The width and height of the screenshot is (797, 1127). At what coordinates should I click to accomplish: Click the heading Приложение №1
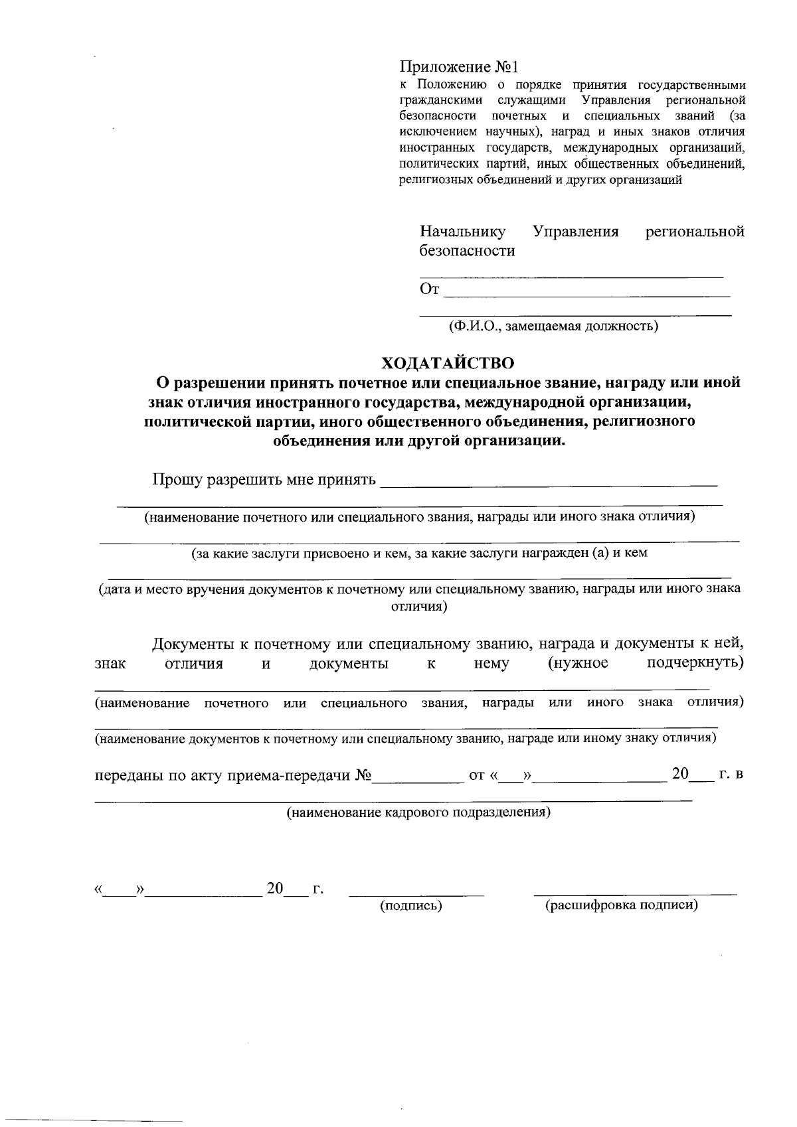(x=458, y=68)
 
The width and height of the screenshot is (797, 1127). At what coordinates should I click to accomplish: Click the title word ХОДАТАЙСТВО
(x=448, y=363)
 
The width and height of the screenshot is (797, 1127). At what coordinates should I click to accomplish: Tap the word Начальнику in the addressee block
(x=462, y=232)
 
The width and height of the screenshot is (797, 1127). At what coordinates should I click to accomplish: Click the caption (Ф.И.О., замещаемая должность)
(x=553, y=326)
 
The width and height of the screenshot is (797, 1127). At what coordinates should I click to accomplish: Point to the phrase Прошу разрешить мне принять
(x=264, y=479)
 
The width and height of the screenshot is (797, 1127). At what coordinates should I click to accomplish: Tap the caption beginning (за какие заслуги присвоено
(x=419, y=553)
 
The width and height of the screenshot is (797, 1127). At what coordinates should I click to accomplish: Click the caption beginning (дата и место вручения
(x=419, y=589)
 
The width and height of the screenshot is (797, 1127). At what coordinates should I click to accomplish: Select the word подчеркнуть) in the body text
(x=695, y=663)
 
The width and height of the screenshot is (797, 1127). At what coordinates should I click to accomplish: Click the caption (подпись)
(x=411, y=905)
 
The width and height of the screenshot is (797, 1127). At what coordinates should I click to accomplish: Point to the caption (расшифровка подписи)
(x=621, y=905)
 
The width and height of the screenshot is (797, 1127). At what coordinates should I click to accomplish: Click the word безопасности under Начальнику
(x=468, y=251)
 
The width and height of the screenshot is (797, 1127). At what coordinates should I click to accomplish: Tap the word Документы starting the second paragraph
(x=192, y=644)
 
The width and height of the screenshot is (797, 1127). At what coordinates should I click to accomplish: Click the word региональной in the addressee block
(x=695, y=232)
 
